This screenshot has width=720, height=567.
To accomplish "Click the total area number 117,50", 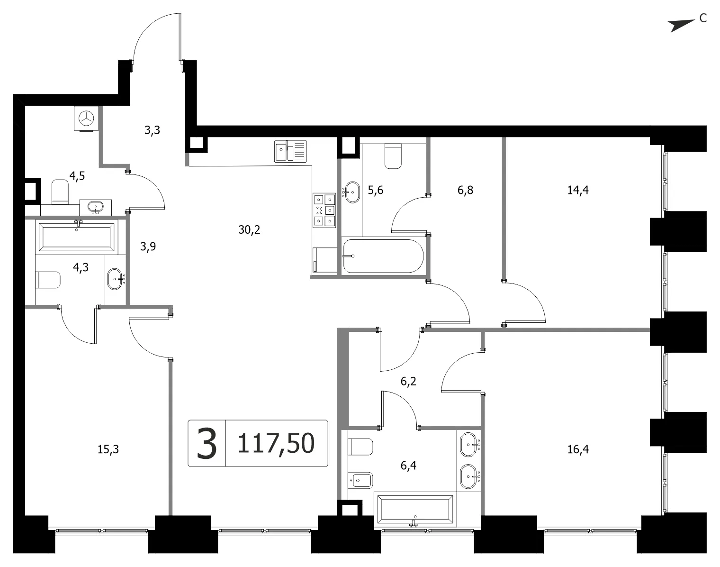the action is coord(276,443).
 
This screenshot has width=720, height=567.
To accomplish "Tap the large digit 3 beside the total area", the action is coord(207,444).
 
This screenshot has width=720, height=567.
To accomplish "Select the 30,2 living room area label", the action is coord(249,230).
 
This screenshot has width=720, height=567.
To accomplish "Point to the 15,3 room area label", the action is coord(108,449).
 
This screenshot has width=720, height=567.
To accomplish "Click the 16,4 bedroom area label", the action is coord(578,449).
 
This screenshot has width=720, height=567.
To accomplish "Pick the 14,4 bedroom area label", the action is coord(578,190).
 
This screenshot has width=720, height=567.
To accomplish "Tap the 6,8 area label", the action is coord(465,190).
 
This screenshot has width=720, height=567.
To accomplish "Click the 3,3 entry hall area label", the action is coord(152,130).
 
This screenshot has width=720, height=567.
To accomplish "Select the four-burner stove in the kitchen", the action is coord(324,210).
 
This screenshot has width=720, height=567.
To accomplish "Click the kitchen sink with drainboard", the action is coord(290,151).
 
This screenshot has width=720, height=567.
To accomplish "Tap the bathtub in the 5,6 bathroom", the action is coord(383,256).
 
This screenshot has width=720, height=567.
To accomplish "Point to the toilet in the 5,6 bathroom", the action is coord(393,156).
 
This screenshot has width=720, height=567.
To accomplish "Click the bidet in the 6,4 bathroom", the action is coord(360,480).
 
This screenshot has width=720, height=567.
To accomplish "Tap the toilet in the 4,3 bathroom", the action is coord(48,280).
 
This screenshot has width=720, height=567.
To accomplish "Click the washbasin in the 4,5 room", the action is coord(96,206).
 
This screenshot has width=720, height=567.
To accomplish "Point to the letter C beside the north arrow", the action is coord(703,18).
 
